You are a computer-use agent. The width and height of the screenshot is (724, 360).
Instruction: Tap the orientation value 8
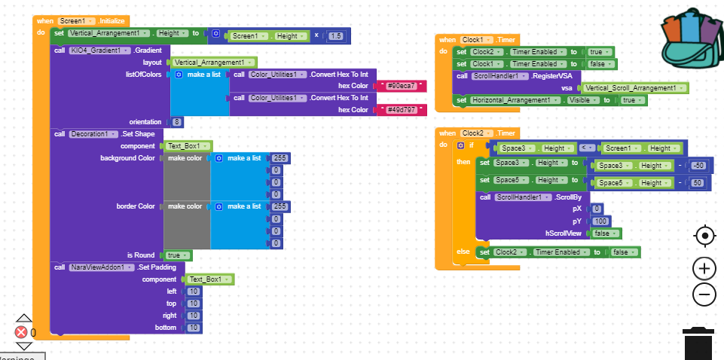177,122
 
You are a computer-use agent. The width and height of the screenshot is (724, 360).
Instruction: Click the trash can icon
698,343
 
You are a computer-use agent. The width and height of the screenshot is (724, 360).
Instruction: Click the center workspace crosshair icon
704,236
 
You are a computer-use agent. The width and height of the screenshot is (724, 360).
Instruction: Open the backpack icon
692,38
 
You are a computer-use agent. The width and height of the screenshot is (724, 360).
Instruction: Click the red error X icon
21,332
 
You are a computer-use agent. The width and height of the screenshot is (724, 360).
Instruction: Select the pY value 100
600,221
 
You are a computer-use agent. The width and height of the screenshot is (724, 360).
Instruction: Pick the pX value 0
596,209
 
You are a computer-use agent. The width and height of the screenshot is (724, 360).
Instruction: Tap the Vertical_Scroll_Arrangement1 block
633,88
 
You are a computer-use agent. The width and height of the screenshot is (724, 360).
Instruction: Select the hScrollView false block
605,233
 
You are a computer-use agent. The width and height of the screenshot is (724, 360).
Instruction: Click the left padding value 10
193,291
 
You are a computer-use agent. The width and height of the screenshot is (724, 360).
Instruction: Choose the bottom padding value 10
193,328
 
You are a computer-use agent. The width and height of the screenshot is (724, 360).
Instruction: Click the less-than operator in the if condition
582,148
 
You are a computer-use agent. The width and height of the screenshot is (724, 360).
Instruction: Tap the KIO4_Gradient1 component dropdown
99,50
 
